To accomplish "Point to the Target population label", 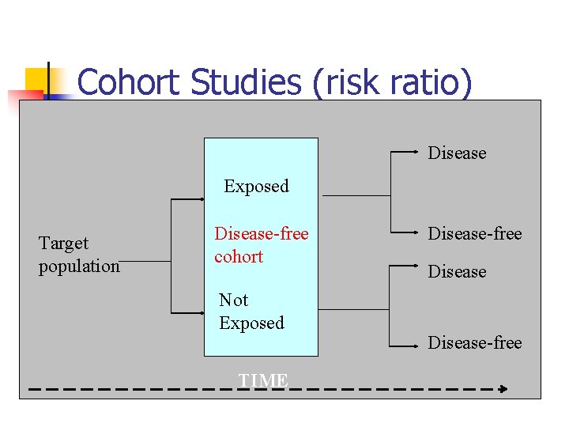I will [78, 255].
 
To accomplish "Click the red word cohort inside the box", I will [239, 257].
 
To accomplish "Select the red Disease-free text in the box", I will [262, 234].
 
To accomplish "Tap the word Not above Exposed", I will [233, 300].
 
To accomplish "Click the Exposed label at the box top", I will [256, 187].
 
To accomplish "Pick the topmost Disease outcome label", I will [457, 153].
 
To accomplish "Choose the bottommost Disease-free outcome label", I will [475, 342].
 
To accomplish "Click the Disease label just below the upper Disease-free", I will [457, 271].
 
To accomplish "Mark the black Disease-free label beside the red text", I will [475, 233].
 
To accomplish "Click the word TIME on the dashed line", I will [263, 381].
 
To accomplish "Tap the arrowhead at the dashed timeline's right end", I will [502, 389].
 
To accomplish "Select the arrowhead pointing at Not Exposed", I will [202, 313].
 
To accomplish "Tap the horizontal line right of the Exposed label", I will [356, 195].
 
